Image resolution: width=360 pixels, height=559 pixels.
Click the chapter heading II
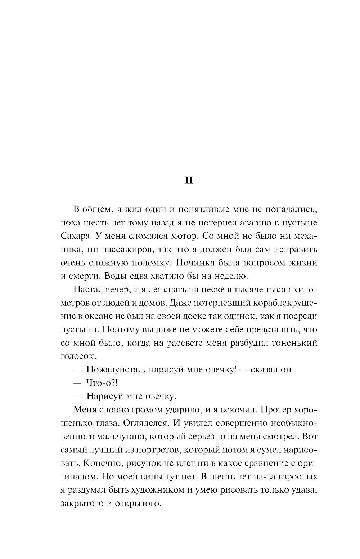pos(189,180)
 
